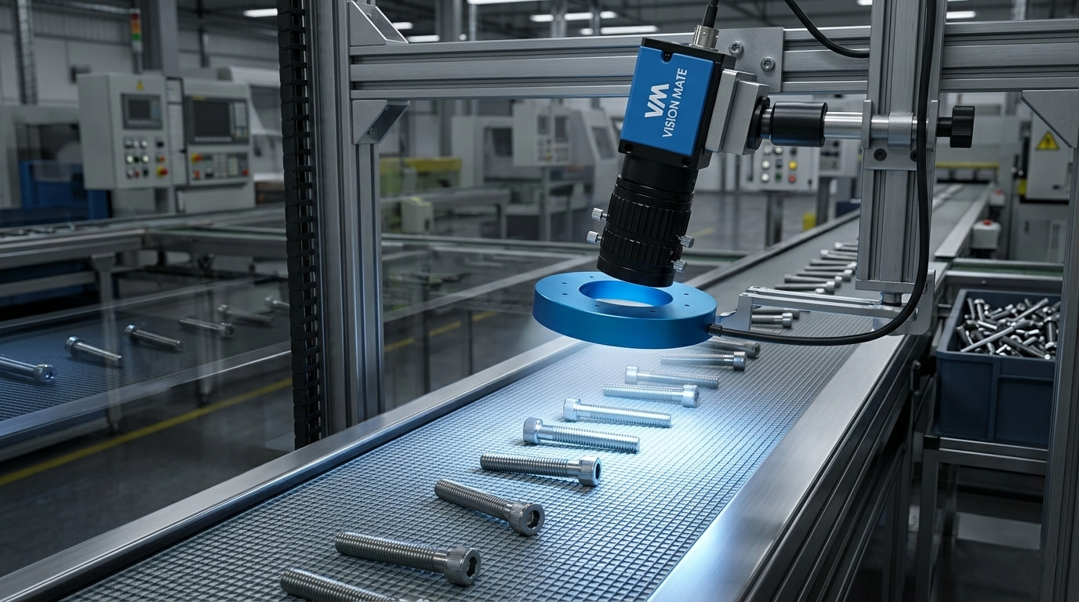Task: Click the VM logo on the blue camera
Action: coord(655,100)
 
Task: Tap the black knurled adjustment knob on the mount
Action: coord(962,126)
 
